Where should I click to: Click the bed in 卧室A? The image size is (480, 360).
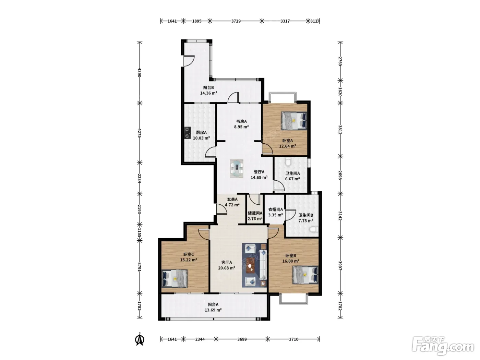294,120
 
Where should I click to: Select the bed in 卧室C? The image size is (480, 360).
175,278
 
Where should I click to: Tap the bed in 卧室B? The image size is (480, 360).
305,275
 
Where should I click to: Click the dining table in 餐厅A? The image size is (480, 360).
236,168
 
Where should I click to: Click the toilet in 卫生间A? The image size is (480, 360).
288,162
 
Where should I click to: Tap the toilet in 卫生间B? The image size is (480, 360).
314,230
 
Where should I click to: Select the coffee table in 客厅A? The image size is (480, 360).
250,265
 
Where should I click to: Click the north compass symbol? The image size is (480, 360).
140,339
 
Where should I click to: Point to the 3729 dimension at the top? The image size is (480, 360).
236,21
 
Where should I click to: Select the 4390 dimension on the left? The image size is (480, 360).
140,73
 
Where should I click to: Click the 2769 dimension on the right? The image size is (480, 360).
340,61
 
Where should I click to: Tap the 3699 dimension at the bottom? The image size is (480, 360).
242,339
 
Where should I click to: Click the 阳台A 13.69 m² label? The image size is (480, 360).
213,307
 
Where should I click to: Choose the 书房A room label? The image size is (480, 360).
241,121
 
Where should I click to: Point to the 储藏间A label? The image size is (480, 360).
255,213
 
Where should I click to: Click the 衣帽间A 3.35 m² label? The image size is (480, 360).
276,212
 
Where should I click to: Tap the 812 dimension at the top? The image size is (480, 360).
314,21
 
